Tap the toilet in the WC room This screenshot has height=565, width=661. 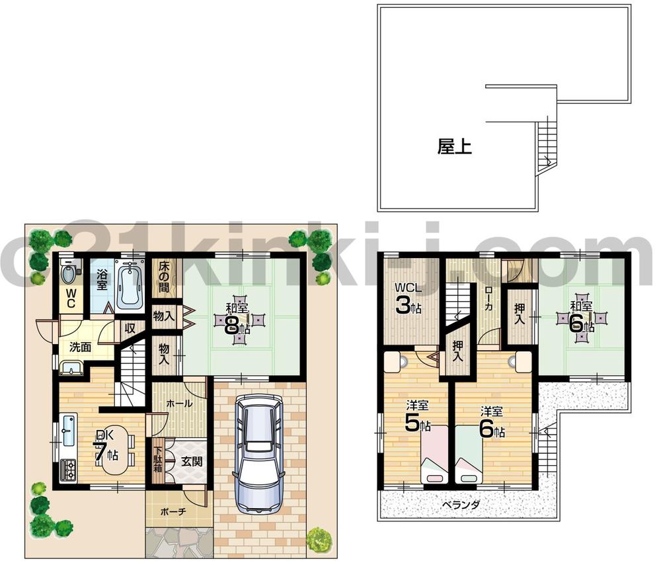pyautogui.click(x=67, y=273)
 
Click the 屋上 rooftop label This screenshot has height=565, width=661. pyautogui.click(x=454, y=146)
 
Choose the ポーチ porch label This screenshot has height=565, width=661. pyautogui.click(x=173, y=511)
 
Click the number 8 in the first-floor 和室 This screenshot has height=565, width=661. pyautogui.click(x=233, y=325)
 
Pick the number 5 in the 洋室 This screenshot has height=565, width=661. pyautogui.click(x=412, y=424)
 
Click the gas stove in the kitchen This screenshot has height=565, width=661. pyautogui.click(x=69, y=469)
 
